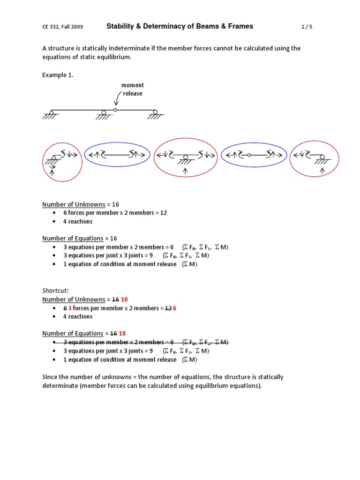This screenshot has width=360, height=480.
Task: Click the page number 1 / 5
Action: click(307, 27)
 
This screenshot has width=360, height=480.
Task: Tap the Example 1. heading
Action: click(58, 75)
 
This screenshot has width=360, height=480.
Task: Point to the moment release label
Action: click(133, 89)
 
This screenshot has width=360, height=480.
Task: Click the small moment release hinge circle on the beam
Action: click(115, 110)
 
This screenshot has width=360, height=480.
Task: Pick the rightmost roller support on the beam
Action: click(155, 113)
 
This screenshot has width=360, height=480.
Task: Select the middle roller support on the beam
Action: click(104, 113)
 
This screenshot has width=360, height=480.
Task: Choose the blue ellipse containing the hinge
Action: click(253, 155)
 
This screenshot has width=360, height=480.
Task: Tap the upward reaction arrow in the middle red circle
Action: click(185, 171)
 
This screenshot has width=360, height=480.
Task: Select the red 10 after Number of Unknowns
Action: click(122, 300)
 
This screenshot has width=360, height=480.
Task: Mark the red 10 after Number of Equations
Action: click(122, 333)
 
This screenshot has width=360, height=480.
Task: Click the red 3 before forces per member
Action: click(70, 308)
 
